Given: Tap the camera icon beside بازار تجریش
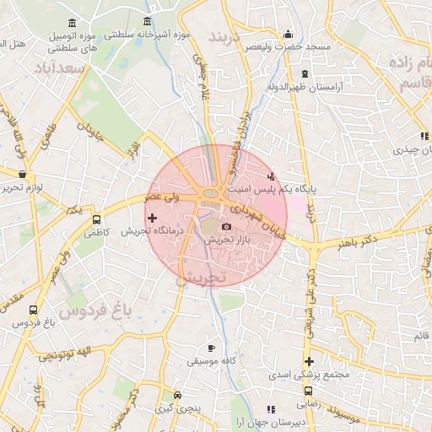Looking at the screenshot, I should tap(225, 226).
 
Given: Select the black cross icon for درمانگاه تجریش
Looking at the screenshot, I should tap(152, 219).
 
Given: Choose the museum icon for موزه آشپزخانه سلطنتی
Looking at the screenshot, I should tap(148, 21).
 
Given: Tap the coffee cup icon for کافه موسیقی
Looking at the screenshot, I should tap(211, 348).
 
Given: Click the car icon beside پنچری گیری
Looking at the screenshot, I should tap(176, 395).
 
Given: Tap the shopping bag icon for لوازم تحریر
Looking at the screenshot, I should tap(21, 174).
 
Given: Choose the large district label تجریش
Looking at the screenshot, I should tap(202, 277).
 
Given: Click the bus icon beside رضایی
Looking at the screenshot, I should tap(307, 391).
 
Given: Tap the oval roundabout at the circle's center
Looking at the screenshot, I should tap(210, 196).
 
